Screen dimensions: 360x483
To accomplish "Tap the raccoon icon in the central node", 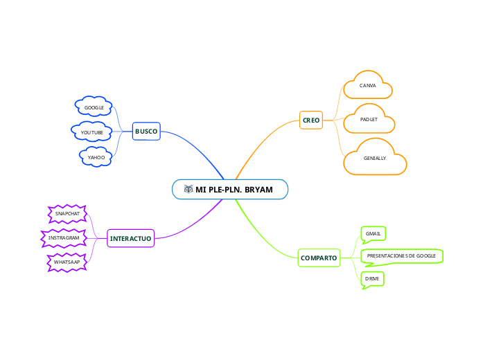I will pos(188,190).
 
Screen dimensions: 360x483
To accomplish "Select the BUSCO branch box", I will pos(146,131).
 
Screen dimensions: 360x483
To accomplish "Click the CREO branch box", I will pos(311,120).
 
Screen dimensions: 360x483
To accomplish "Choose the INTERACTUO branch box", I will pos(130,238).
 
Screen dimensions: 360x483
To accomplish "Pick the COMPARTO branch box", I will pos(319,258).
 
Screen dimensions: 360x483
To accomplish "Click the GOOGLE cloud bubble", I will pos(94,107).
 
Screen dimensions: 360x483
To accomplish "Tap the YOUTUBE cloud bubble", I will pos(92,132).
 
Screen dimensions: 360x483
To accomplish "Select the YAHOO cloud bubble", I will pos(96,157).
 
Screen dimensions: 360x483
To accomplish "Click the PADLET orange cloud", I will pos(369,120).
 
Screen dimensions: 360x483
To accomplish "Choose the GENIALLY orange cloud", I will pos(375,159).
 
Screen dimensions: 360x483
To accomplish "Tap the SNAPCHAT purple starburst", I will pos(67,213).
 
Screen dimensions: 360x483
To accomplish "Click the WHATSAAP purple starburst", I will pos(67,262).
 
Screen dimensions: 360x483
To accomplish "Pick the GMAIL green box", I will pos(374,234).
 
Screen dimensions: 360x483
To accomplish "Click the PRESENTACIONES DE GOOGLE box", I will pos(401,256).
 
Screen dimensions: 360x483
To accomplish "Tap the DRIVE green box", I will pos(372,279).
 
